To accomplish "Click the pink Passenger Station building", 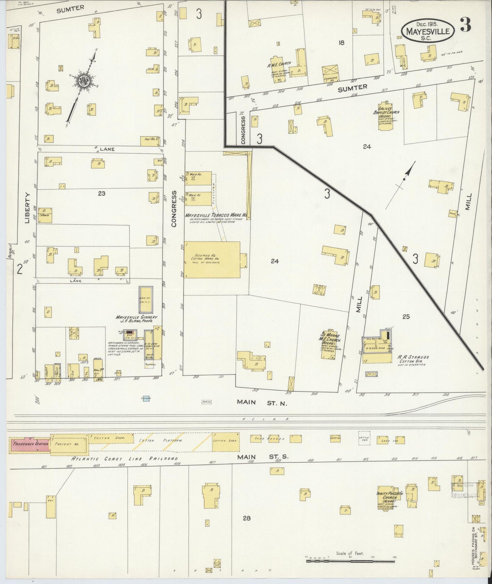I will click(x=29, y=444).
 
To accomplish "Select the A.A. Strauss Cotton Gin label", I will click(x=413, y=359).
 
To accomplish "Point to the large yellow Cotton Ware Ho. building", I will click(x=212, y=260).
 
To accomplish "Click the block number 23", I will click(x=101, y=194).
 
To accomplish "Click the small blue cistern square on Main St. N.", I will click(x=146, y=398).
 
